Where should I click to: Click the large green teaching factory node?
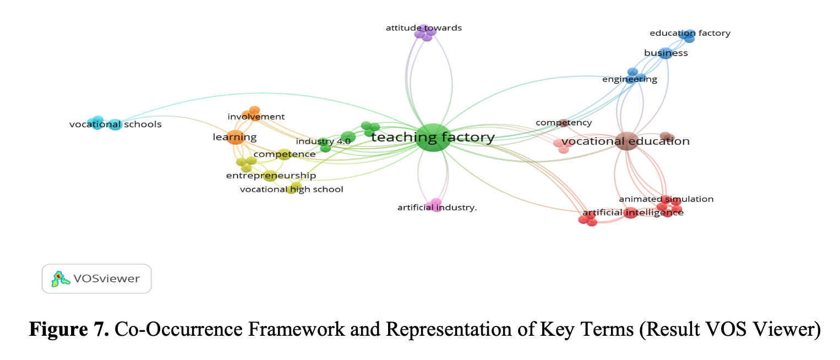433,138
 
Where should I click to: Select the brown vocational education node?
626,141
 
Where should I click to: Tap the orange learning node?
236,137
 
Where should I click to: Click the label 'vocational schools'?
115,124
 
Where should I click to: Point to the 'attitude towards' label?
423,28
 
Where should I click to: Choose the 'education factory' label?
690,33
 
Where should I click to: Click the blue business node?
666,53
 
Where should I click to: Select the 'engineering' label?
629,79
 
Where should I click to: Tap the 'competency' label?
564,123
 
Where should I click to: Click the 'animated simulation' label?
666,199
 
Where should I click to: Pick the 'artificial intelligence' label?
632,212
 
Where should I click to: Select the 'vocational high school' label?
291,189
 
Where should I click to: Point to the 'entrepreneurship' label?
271,176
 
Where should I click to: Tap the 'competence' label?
284,154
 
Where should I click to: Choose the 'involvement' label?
256,117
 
